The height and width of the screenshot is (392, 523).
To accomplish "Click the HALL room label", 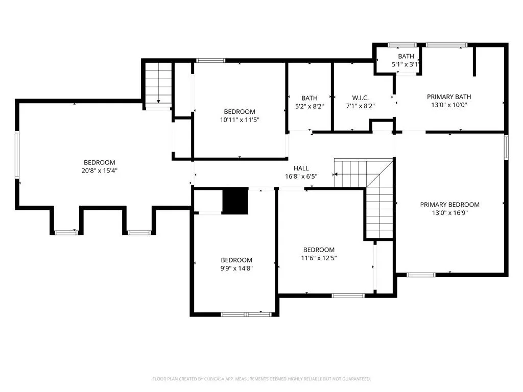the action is [301, 168].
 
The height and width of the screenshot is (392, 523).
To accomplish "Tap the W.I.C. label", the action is [360, 98].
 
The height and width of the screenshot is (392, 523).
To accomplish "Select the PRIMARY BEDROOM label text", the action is [449, 205].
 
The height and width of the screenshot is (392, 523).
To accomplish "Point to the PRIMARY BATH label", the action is [449, 96].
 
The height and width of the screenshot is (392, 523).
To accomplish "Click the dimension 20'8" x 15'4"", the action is [100, 170].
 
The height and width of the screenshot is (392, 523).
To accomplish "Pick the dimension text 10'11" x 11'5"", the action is [240, 119].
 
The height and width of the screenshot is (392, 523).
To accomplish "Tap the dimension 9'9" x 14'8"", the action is [236, 268].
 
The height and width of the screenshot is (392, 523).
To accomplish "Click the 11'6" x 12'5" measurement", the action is [319, 258].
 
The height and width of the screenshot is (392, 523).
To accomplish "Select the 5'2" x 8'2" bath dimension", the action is [310, 106].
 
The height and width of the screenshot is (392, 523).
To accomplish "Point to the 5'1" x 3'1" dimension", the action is [405, 64].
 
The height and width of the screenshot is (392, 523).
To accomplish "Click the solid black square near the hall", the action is [235, 201].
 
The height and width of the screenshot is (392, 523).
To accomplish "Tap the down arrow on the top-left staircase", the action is [158, 102].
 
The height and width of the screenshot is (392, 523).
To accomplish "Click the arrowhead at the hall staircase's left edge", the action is [336, 175].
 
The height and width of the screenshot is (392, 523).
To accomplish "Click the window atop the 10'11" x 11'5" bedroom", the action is [210, 60].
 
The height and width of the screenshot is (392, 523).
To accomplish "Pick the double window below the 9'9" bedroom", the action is [246, 314].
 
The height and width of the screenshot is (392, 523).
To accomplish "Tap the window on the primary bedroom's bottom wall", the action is [421, 275].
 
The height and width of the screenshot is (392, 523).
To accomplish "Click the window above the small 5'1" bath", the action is [402, 45].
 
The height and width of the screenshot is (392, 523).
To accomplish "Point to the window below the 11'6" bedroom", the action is [348, 296].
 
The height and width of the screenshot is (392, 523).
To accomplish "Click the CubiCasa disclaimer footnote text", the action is [261, 379].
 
